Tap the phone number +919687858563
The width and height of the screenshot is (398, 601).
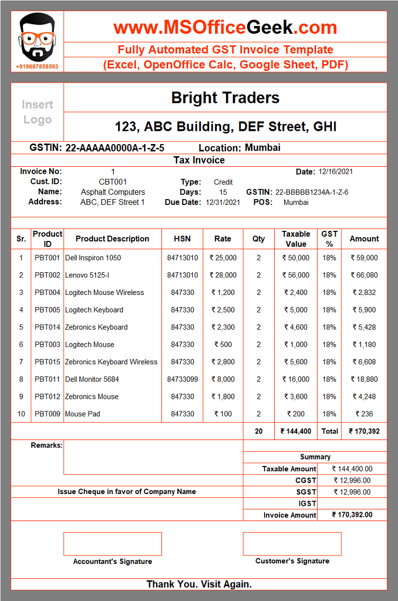point(37,67)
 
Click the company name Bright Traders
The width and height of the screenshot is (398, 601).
point(225,98)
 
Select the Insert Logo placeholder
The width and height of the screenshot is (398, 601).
point(37,112)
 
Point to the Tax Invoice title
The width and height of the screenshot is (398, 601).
point(199,160)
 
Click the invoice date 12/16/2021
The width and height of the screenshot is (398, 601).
point(336,172)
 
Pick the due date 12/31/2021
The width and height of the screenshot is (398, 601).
point(223,202)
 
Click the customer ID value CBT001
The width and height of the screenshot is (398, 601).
point(113,182)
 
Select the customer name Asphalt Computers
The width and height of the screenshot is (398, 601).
point(113,192)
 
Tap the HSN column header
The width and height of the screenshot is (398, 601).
point(182,239)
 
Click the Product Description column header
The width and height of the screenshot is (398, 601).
point(112,239)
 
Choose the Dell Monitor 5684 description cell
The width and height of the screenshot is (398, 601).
point(92,379)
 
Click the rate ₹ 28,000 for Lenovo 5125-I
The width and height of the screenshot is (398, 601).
point(223,275)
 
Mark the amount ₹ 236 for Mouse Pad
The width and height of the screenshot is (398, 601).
point(364,414)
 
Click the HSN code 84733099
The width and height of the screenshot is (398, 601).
point(182,379)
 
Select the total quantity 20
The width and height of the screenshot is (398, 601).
point(258,432)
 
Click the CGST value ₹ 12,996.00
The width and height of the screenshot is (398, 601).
point(352,481)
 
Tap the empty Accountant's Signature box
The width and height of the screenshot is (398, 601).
point(112,544)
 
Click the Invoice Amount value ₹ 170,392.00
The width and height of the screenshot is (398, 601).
point(352,515)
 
